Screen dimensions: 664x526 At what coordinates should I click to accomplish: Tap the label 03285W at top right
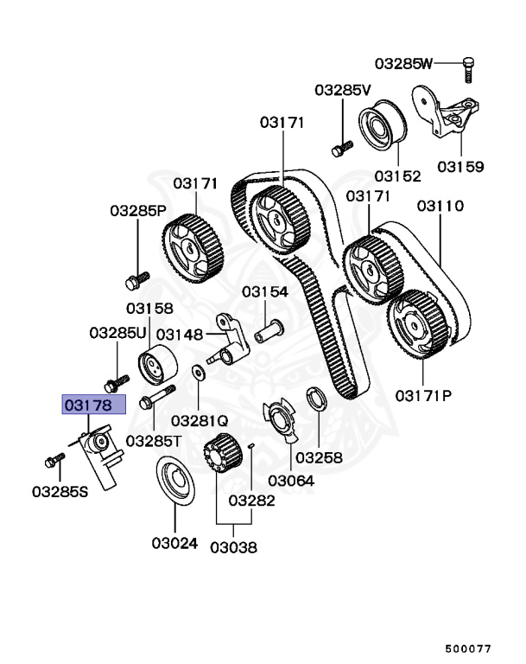402,63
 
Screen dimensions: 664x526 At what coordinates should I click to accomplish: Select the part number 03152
396,176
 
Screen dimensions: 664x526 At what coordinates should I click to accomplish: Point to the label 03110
440,207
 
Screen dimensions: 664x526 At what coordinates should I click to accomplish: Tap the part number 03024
175,544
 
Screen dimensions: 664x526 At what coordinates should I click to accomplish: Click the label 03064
292,480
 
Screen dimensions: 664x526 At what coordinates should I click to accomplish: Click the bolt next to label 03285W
467,68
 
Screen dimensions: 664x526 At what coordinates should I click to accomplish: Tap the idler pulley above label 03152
378,130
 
